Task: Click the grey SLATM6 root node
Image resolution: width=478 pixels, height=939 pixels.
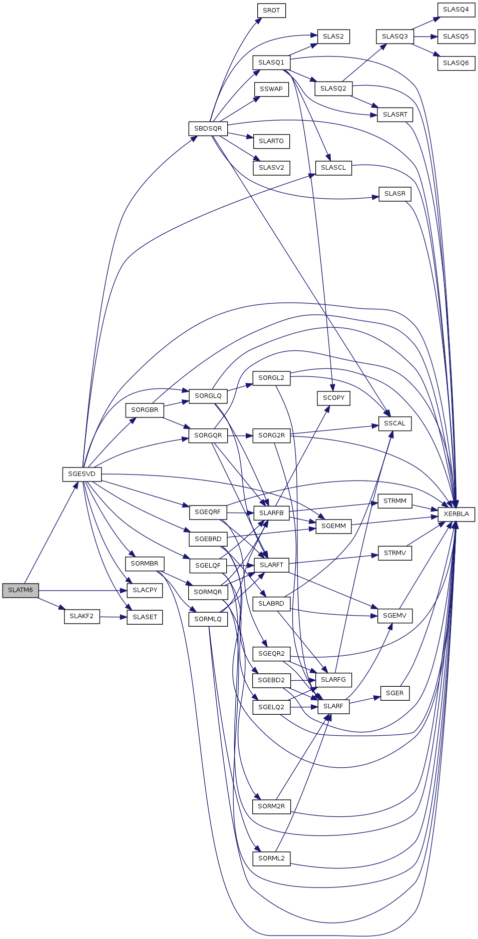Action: [x=21, y=590]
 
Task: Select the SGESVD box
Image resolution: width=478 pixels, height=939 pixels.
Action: [x=82, y=474]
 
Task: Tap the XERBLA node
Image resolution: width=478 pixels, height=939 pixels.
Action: [x=456, y=514]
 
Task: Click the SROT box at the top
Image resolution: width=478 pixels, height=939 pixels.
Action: [x=271, y=11]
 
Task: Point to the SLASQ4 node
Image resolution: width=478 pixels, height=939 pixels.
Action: [x=456, y=10]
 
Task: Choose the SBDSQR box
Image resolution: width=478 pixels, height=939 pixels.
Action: [x=208, y=129]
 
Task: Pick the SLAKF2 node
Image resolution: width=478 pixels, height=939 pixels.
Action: [x=82, y=616]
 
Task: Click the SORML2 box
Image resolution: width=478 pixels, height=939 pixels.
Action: [x=271, y=858]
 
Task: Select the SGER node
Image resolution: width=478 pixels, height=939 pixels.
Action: [x=395, y=693]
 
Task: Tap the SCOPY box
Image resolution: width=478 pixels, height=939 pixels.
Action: [x=333, y=398]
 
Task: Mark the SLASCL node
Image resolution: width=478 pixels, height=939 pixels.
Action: [x=333, y=168]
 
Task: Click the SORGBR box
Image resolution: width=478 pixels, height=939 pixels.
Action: [x=145, y=410]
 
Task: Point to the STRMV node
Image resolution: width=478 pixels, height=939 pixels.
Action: [x=395, y=553]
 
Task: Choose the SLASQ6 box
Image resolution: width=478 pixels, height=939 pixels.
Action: [x=456, y=63]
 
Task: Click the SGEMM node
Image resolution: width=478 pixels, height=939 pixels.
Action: [x=333, y=526]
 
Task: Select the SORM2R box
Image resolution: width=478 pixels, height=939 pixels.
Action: [x=271, y=806]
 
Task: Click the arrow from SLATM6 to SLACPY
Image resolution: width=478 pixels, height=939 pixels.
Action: [x=83, y=591]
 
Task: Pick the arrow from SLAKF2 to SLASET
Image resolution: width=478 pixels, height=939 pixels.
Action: [x=113, y=617]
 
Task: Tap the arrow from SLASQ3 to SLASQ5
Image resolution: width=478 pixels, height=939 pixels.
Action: [x=425, y=37]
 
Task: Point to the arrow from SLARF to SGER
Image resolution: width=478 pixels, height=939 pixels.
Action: [x=365, y=700]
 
